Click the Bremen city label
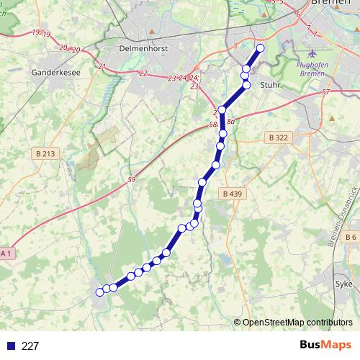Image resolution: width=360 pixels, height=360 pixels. (x=333, y=4)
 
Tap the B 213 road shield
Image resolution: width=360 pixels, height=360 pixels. (x=45, y=153)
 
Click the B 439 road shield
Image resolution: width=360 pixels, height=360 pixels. (x=233, y=193)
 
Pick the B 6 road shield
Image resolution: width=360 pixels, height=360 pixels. (x=350, y=237)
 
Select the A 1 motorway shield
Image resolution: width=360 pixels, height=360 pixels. (x=6, y=253)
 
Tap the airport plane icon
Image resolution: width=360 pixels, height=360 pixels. (x=311, y=54)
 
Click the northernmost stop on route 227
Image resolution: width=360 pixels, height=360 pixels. (x=260, y=48)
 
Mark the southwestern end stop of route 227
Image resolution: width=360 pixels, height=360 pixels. (x=99, y=292)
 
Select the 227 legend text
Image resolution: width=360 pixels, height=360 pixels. (x=30, y=346)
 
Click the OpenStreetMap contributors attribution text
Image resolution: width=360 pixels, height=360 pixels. (x=297, y=323)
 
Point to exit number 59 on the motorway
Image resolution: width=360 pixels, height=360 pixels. (x=130, y=179)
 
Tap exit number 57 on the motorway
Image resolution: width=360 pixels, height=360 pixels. (x=326, y=92)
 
